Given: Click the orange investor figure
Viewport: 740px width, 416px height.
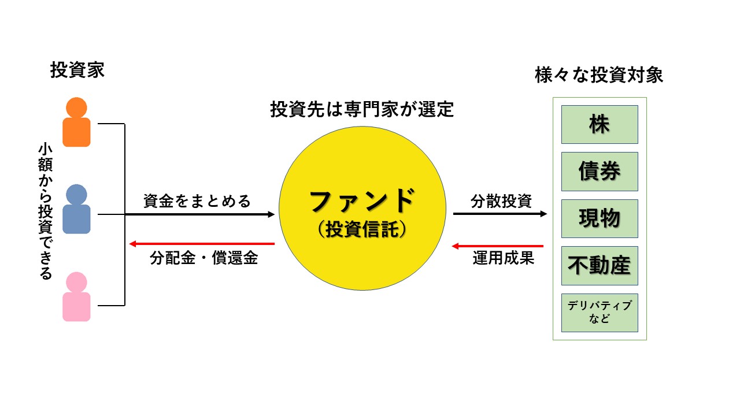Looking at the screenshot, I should point(77,122).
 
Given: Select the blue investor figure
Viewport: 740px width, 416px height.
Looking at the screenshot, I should point(77,209).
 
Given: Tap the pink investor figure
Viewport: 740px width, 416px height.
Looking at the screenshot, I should point(77,297).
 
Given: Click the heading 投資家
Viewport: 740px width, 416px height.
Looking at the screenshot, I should point(77,71).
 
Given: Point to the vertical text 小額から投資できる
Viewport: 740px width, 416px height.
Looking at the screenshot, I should point(45,211).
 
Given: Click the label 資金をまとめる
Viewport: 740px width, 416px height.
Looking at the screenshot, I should point(197,201).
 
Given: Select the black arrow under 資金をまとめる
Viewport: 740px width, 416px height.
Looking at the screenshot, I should point(200,214).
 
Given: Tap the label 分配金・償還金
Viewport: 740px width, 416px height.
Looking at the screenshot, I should point(203,258).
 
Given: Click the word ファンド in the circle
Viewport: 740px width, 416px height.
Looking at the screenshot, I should point(362,202).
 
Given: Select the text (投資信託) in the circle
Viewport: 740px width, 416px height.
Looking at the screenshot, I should point(362,229).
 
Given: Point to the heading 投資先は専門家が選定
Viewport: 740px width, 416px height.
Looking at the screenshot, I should point(362,110).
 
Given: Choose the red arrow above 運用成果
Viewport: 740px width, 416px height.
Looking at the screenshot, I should point(498,246).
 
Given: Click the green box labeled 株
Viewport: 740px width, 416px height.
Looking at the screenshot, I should point(600,124).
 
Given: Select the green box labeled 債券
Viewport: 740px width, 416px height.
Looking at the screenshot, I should point(600,172).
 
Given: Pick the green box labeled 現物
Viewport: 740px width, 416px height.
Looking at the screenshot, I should point(600,218).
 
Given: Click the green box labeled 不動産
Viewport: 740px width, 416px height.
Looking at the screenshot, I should point(600,266).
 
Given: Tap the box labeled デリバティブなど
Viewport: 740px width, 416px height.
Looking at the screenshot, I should point(600,313).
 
